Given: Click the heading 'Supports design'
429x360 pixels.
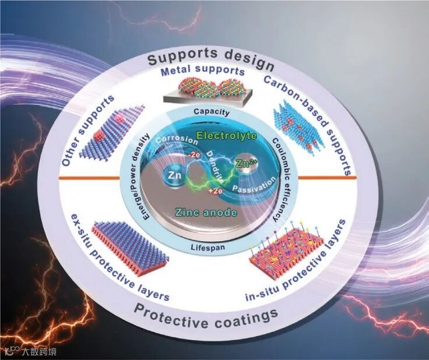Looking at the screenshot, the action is point(211,58).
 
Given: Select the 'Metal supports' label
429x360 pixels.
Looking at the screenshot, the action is point(203,71).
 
